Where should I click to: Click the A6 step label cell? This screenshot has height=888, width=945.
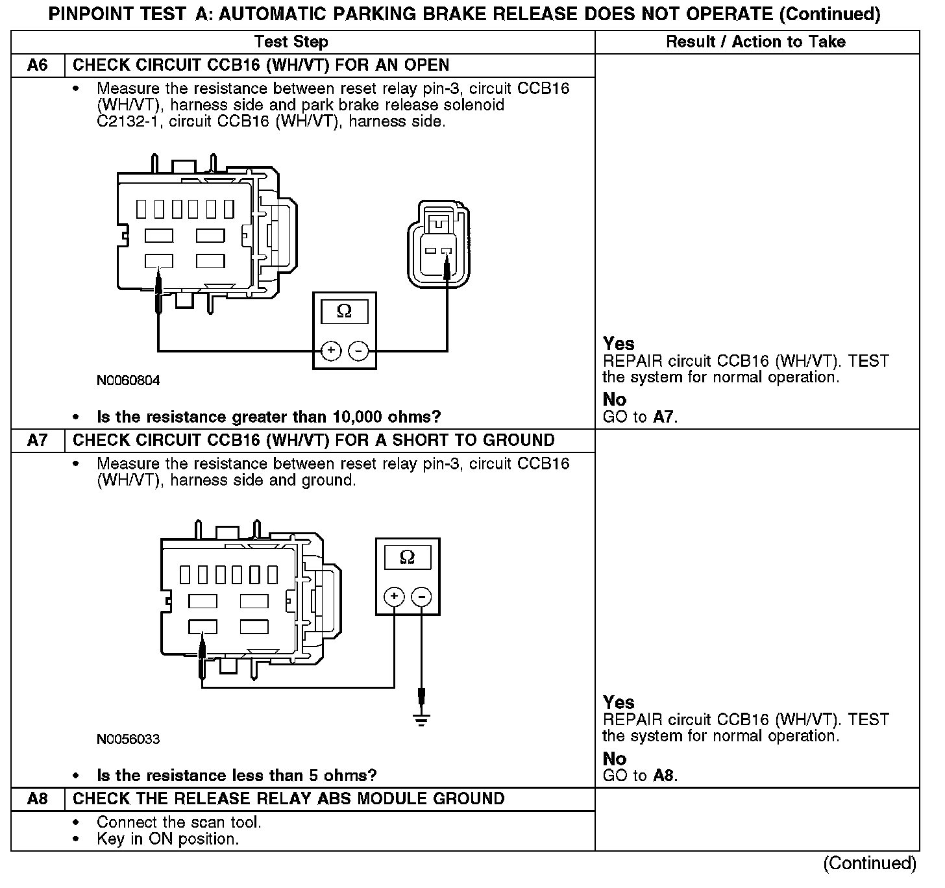[x=38, y=66]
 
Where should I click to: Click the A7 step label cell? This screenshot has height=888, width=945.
[x=38, y=440]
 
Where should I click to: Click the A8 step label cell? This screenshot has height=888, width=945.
[x=38, y=798]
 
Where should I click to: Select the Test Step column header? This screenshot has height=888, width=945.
[x=291, y=42]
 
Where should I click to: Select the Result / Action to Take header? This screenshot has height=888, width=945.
[x=756, y=42]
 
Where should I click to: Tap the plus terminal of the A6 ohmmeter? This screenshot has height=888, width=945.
[x=331, y=351]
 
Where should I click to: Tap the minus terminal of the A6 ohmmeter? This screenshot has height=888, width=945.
[x=358, y=351]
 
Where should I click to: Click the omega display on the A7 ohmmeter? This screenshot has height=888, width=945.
[x=408, y=557]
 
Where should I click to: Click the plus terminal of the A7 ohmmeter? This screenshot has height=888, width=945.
[x=394, y=597]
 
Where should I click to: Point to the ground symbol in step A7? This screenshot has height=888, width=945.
[x=422, y=719]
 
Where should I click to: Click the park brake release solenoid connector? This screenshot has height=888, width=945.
[x=439, y=245]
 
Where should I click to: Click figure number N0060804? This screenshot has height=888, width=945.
[x=129, y=380]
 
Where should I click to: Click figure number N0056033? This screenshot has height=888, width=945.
[x=129, y=739]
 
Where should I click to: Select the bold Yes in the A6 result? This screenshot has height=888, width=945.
[x=619, y=343]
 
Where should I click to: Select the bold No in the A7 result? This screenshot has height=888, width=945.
[x=615, y=758]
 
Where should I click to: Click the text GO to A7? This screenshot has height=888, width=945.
[x=640, y=417]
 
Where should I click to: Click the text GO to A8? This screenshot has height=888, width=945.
[x=640, y=775]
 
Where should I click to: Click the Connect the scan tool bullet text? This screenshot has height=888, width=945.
[x=179, y=822]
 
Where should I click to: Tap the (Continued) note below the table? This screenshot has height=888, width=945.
[x=870, y=863]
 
